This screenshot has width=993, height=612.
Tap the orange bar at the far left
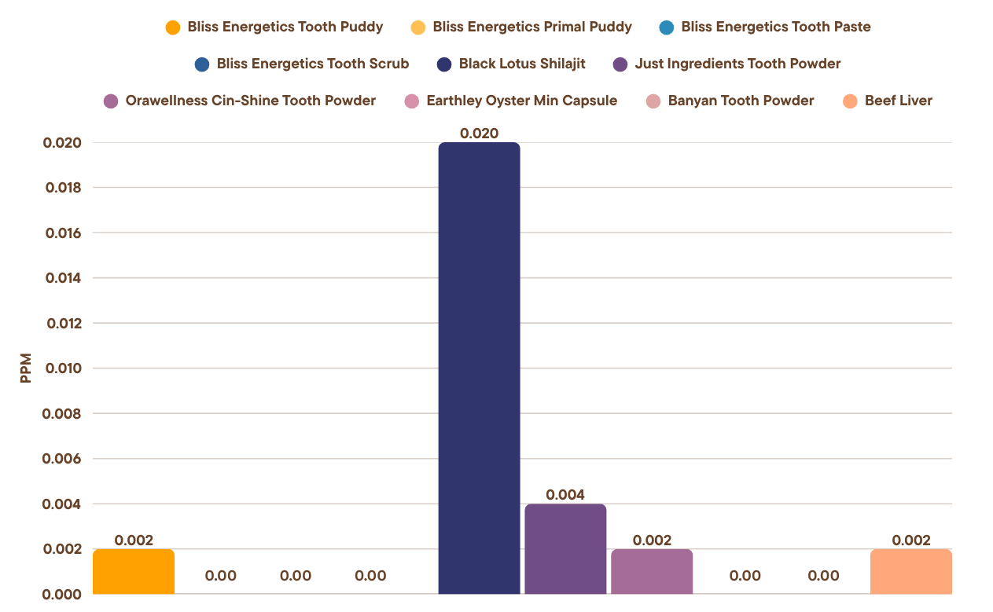134,571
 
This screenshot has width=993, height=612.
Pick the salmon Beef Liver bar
911,571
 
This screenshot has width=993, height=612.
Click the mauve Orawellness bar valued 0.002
652,571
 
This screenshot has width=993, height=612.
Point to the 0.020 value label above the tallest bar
479,134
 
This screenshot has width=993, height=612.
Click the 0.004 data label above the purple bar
565,495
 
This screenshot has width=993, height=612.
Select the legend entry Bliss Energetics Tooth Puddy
285,27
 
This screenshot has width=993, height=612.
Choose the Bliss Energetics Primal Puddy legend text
532,27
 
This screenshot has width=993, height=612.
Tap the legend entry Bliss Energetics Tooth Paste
776,27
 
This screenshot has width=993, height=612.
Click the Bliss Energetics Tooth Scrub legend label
313,64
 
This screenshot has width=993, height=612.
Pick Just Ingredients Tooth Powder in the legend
737,64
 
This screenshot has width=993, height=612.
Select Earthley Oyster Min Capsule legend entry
521,101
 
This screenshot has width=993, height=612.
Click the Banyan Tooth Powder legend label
741,101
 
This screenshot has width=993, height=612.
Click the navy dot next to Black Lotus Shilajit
443,64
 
